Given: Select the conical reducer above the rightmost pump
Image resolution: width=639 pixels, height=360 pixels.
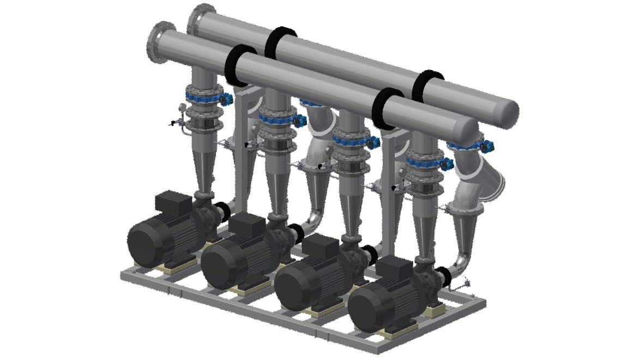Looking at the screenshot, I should click(x=423, y=232).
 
